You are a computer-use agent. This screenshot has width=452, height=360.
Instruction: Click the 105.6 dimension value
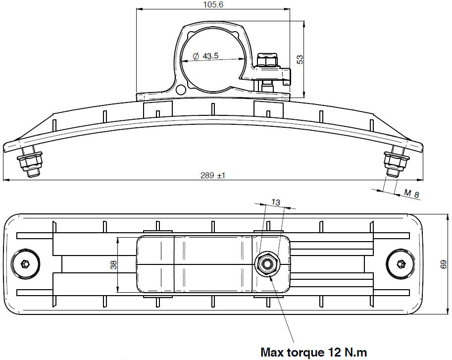[213, 4]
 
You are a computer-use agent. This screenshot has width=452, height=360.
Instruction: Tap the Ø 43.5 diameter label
[205, 56]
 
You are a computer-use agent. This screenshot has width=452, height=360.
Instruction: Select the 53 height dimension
[300, 59]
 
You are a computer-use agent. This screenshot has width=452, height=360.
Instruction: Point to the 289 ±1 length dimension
[213, 175]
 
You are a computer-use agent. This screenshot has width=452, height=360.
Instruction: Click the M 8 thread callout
[411, 194]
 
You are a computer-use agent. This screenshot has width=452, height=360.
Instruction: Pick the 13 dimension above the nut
[276, 203]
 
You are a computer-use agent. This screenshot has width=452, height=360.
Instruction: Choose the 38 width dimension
[114, 264]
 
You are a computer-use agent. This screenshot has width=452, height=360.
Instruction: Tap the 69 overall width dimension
[444, 264]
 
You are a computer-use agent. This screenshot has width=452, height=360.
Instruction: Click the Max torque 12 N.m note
[314, 352]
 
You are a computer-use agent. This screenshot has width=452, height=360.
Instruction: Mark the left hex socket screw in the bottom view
[25, 264]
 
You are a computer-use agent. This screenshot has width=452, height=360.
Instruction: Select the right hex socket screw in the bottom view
[401, 264]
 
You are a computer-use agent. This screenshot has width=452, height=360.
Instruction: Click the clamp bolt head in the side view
[267, 59]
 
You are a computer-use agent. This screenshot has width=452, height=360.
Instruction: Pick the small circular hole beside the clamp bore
[181, 90]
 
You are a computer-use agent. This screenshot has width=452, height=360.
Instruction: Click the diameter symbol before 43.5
[196, 56]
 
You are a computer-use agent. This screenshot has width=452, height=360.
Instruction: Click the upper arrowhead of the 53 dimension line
[304, 24]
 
